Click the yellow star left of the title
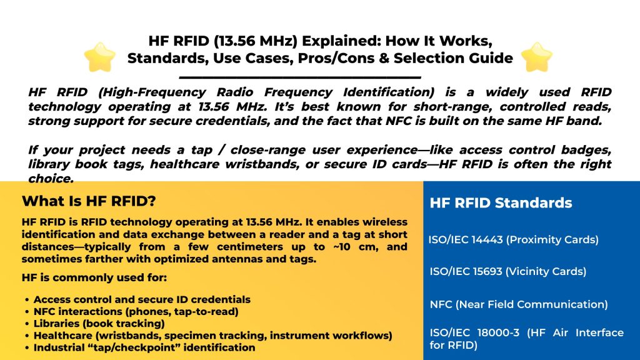tap(100, 57)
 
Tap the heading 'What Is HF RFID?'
tap(89, 202)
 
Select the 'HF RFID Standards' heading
tap(501, 203)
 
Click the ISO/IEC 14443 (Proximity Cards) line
tap(513, 239)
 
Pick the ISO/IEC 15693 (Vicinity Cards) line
tap(507, 271)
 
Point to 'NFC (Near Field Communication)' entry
tap(518, 304)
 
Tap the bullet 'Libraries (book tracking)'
tap(99, 323)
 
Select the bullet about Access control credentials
tap(142, 299)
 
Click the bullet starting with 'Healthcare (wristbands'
tap(212, 335)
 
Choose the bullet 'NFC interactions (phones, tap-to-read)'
tap(136, 311)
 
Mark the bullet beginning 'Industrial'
tap(144, 347)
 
